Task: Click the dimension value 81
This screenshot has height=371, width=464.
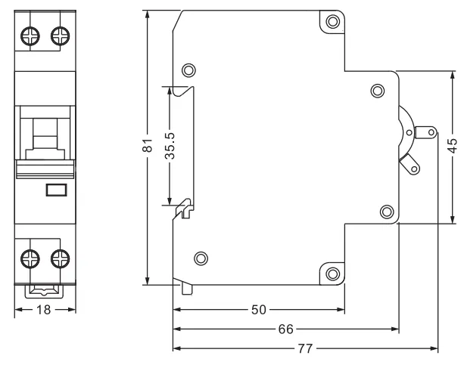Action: coord(148,146)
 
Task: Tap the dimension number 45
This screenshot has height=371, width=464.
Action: coord(452,147)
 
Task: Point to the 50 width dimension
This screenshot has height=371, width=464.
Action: coord(257,310)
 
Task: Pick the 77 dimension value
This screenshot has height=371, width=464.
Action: coord(307,349)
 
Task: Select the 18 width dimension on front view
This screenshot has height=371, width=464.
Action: coord(45,310)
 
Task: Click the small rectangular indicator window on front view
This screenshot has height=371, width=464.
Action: coord(56,190)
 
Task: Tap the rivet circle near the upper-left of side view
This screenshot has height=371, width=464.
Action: coord(188,71)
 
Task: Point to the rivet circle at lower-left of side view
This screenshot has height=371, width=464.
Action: coord(200,258)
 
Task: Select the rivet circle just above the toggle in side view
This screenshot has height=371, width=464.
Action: coord(377,91)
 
